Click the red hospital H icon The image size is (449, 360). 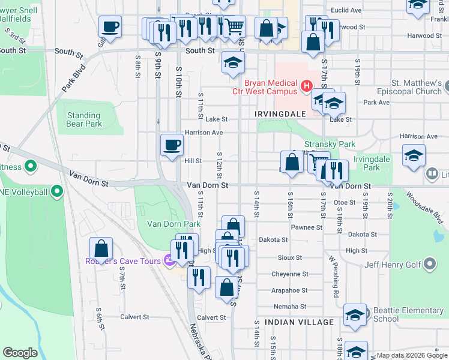(x=307, y=87)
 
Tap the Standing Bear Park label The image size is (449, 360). (x=84, y=120)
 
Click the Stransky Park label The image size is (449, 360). (x=330, y=144)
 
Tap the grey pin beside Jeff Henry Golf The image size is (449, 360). (x=430, y=263)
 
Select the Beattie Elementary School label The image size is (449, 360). (x=408, y=314)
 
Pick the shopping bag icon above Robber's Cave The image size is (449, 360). (x=101, y=248)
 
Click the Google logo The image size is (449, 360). (x=20, y=353)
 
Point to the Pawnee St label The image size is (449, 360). (x=307, y=227)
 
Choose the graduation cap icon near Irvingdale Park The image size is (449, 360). (x=414, y=155)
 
